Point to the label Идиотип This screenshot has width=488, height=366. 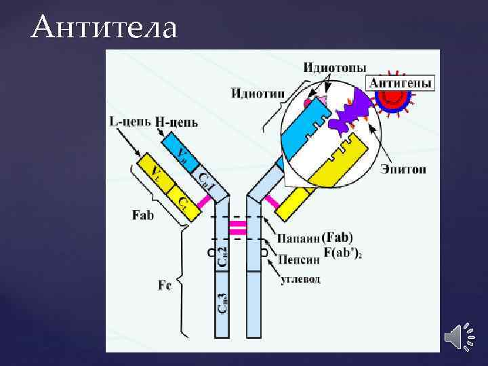pyautogui.click(x=255, y=93)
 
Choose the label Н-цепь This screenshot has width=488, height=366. pyautogui.click(x=176, y=122)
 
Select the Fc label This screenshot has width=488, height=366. pyautogui.click(x=165, y=285)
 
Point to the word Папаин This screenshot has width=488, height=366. pyautogui.click(x=297, y=239)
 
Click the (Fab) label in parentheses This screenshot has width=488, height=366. pyautogui.click(x=338, y=238)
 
